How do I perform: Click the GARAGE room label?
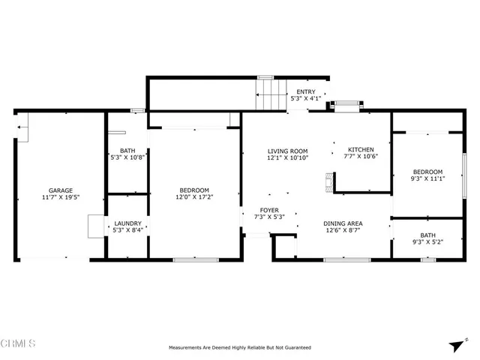(61, 190)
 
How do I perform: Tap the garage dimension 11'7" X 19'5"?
(61, 197)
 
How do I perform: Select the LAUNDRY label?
(127, 223)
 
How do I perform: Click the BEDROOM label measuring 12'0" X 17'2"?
(193, 190)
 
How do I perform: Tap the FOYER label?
(269, 210)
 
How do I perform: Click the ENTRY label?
(305, 91)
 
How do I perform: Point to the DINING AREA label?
(343, 223)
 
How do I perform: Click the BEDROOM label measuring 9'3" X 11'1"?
(427, 172)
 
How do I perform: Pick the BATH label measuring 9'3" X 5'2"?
(427, 235)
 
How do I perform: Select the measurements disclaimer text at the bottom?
(239, 348)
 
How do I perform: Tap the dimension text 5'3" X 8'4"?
(127, 230)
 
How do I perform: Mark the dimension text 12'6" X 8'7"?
(343, 230)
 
